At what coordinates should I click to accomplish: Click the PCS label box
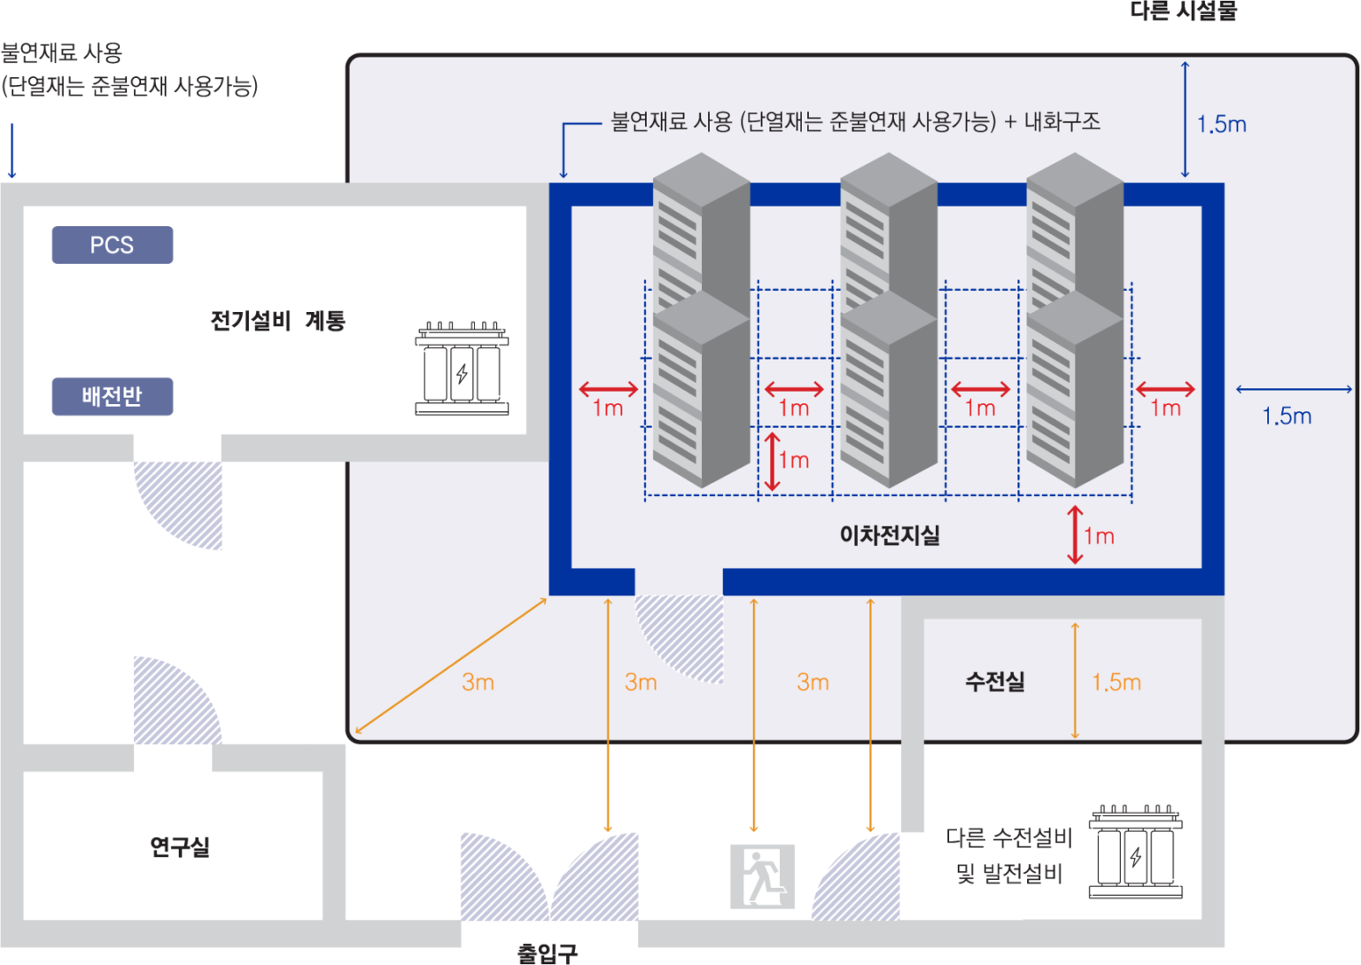click(112, 245)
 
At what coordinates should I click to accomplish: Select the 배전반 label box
click(112, 396)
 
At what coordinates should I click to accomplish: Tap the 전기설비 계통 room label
click(277, 321)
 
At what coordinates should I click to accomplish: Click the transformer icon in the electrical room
click(462, 370)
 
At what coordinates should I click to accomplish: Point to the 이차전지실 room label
click(889, 535)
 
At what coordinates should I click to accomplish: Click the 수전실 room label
click(994, 681)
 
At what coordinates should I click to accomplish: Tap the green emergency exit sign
click(761, 876)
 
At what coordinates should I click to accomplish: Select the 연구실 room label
click(180, 847)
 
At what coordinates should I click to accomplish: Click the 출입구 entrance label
click(548, 953)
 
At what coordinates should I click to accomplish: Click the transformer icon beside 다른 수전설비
click(1135, 852)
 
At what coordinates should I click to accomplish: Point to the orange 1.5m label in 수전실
click(1116, 682)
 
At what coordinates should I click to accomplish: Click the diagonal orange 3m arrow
click(450, 666)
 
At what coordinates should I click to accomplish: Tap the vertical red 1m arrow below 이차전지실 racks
click(1075, 534)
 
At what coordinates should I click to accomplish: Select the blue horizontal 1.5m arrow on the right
click(1294, 389)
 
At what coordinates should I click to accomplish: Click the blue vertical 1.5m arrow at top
click(1185, 119)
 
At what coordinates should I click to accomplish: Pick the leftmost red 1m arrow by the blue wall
click(608, 389)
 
